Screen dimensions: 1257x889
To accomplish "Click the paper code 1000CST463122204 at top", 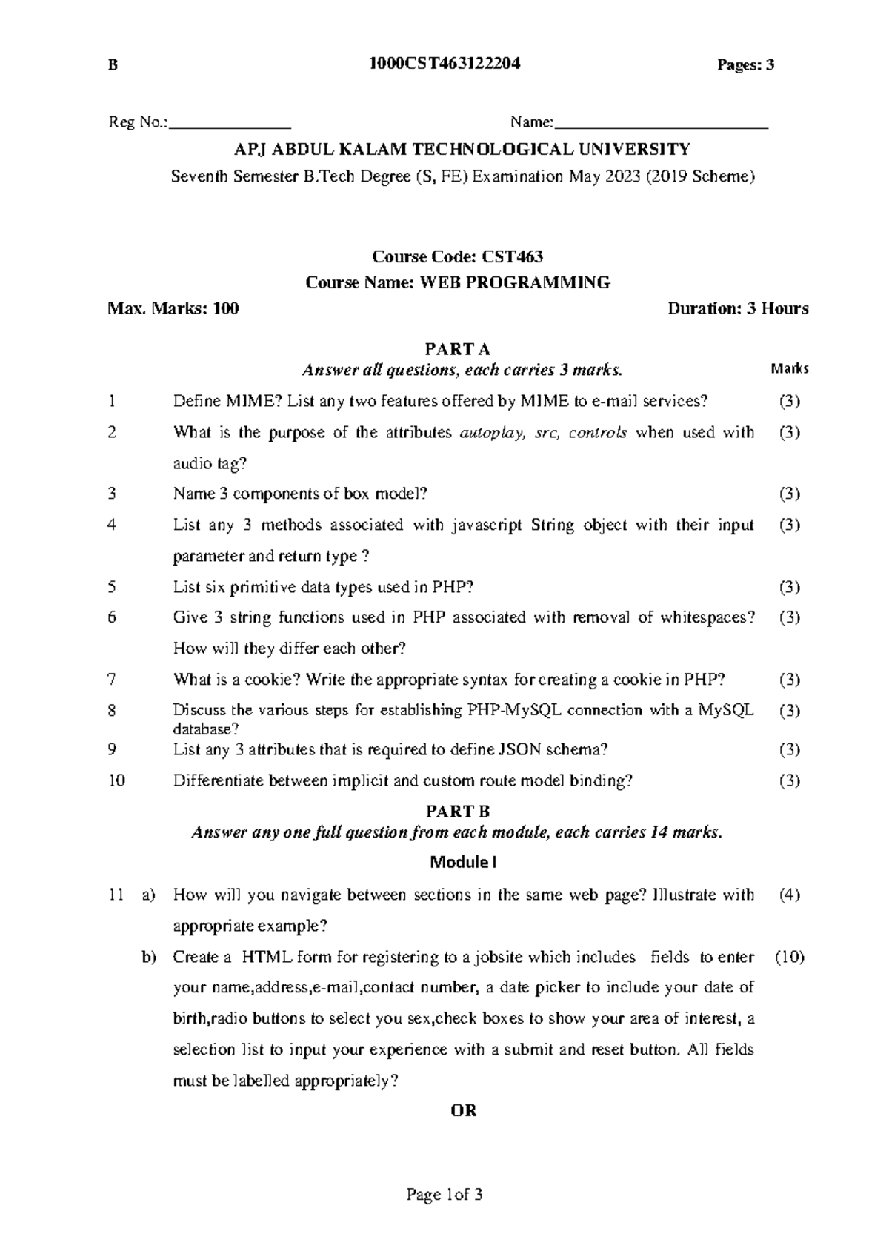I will tap(444, 64).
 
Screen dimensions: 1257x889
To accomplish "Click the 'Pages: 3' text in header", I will tap(745, 65).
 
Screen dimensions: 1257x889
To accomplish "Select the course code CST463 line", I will tap(457, 257).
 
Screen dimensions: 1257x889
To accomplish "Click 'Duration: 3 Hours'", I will tap(738, 308).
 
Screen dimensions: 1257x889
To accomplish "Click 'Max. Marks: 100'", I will tap(173, 308).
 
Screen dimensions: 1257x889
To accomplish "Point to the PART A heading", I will tap(457, 349).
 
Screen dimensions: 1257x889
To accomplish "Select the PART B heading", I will tap(457, 812).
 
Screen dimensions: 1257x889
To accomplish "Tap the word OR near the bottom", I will tap(464, 1110).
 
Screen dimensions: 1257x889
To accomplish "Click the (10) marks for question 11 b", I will tap(789, 957).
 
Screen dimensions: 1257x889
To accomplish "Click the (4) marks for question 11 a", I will tap(789, 895).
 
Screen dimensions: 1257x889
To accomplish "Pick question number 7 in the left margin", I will tap(112, 679).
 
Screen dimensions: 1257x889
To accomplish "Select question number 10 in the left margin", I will tap(116, 780).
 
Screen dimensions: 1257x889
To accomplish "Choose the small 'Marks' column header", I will tap(789, 368).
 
